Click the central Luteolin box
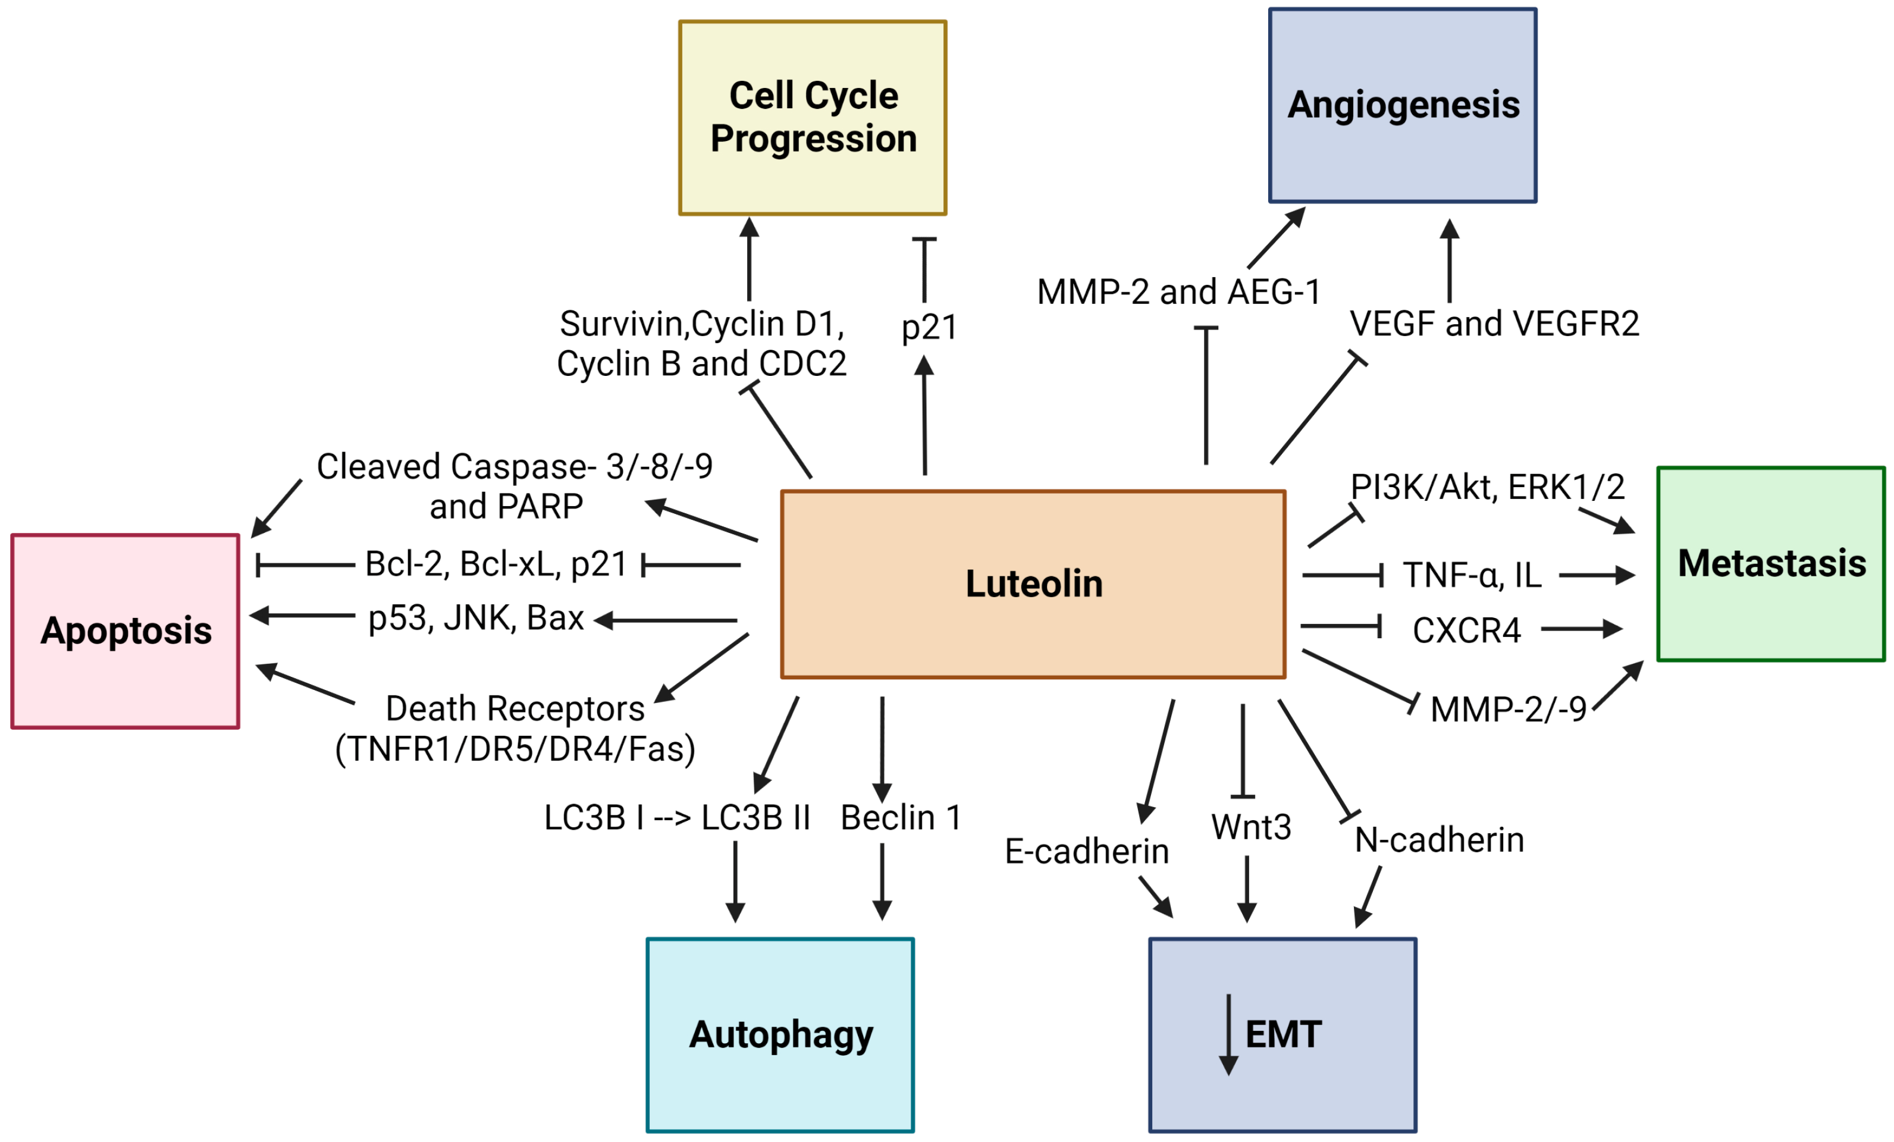1033,584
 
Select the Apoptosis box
126,631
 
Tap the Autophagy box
780,1034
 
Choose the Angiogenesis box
1403,105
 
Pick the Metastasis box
1771,563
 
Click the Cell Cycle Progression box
813,118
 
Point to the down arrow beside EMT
1228,1034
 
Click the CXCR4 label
1467,630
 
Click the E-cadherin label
1087,851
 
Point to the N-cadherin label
1439,839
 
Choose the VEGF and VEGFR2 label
1494,324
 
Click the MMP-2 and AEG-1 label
1178,292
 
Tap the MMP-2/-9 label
1508,708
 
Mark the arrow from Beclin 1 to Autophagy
882,881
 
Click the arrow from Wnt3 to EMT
1247,889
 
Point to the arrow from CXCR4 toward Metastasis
1582,629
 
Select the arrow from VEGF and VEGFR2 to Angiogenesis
1450,261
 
